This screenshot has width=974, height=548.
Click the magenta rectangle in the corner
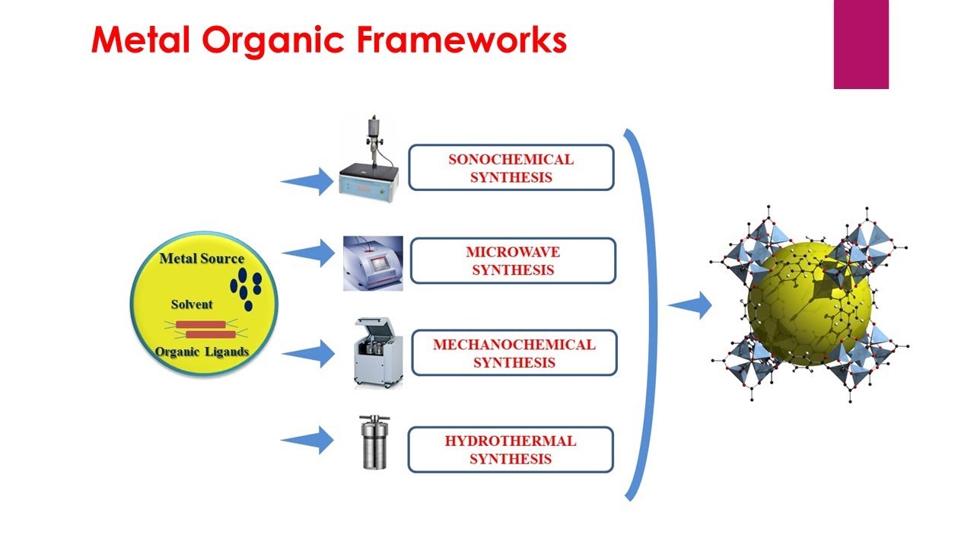pos(861,44)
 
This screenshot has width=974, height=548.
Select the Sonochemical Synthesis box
pos(511,167)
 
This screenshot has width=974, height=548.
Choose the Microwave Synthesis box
pos(512,260)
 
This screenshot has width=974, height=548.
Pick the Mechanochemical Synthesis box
pos(514,352)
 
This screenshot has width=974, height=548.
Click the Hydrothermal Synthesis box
pos(511,449)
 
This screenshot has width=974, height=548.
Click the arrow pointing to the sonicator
pos(307,182)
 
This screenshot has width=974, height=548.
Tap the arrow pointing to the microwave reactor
pos(308,253)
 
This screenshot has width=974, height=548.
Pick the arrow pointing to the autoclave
pos(307,440)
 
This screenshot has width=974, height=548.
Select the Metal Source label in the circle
pos(202,259)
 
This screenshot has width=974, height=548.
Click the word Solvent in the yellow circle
pos(192,304)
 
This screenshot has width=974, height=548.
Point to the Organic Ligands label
pos(202,352)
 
